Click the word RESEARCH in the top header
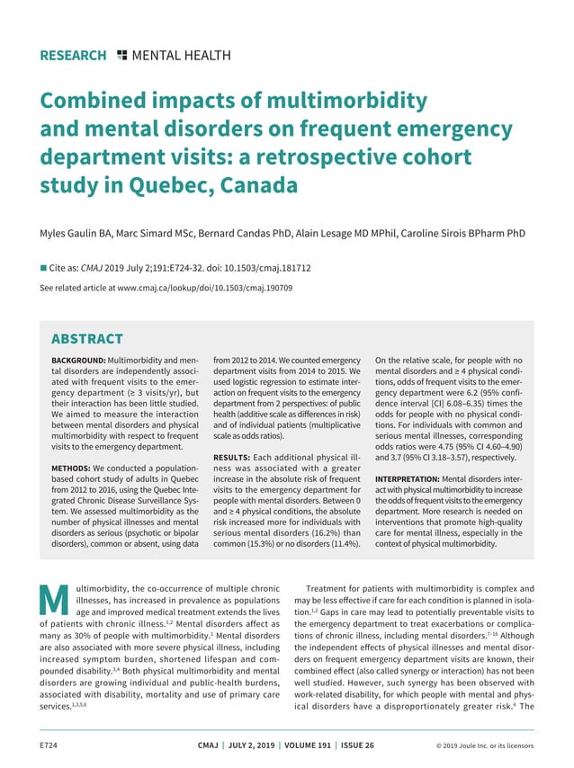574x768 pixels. [73, 56]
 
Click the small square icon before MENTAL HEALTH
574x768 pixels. [122, 56]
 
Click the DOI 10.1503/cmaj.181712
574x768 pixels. [263, 267]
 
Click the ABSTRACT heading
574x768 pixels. [87, 339]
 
